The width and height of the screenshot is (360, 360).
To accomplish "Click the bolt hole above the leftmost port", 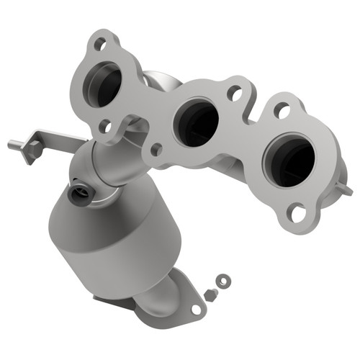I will (100, 44).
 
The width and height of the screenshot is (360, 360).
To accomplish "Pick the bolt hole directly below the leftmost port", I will (105, 127).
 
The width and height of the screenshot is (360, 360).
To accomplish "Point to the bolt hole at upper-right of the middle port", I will (233, 92).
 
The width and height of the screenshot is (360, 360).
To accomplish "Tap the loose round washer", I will (223, 281).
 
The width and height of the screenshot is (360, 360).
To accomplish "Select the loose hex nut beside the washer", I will (210, 295).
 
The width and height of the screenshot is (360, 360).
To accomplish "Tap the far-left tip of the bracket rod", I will (12, 145).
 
